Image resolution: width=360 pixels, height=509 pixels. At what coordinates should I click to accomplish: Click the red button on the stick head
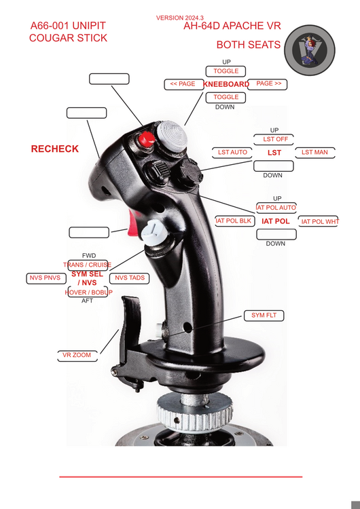(x=146, y=139)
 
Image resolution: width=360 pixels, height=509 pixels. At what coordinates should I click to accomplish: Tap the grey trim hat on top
(x=172, y=135)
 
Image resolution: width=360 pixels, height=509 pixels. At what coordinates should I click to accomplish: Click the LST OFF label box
(x=274, y=139)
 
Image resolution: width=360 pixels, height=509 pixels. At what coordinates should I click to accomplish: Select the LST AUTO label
(x=232, y=152)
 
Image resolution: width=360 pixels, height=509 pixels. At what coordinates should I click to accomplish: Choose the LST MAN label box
(x=315, y=152)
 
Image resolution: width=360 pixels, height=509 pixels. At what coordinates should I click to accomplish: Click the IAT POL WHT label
(x=318, y=221)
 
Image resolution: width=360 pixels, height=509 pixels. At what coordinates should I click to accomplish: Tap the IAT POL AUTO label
(x=276, y=208)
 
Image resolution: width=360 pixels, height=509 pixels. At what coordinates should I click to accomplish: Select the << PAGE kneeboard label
(x=184, y=84)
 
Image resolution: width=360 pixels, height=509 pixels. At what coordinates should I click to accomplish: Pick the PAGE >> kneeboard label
(x=268, y=84)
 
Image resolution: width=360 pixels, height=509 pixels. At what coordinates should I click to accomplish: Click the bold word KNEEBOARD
(x=226, y=84)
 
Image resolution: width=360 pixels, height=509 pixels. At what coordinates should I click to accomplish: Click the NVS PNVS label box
(x=46, y=278)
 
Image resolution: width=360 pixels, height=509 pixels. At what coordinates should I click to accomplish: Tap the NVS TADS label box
(x=129, y=278)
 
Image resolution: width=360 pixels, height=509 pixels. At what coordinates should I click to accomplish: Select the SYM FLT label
(x=264, y=316)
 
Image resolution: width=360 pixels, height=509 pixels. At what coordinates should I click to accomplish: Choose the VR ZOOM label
(x=77, y=356)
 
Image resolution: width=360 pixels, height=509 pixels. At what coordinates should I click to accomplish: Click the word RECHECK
(x=54, y=149)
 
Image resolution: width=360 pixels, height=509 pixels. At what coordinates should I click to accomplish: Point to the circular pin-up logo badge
(x=310, y=50)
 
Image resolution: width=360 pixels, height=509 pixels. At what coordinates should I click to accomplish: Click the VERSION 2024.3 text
(x=180, y=18)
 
